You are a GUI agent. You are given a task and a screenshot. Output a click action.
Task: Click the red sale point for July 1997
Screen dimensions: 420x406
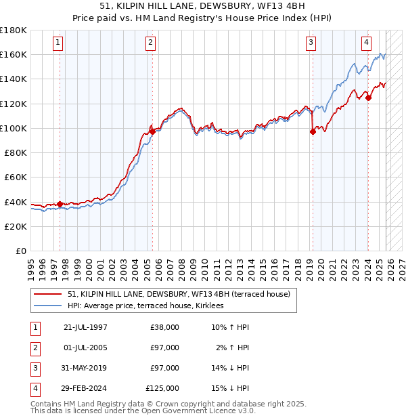[x=60, y=204]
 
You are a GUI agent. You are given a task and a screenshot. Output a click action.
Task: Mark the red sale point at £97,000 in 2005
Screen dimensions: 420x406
[x=152, y=132]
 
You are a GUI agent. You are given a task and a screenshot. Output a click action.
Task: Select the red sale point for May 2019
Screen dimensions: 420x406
[x=313, y=132]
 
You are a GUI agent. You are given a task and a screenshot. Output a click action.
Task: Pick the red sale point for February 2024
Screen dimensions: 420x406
[x=368, y=98]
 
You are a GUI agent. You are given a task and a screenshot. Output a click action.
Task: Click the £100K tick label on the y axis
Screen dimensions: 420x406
[x=13, y=128]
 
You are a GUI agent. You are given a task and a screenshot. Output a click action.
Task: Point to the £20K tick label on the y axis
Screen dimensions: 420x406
[x=15, y=226]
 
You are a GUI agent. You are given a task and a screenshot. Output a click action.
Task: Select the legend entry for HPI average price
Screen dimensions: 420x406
[x=150, y=306]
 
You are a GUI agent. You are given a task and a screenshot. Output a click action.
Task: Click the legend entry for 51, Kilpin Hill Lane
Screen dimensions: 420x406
[x=179, y=294]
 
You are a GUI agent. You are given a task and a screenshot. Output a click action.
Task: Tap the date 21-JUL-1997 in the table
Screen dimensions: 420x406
[x=85, y=327]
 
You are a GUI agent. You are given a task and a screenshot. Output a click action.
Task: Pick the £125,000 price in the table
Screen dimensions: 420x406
[x=162, y=388]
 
